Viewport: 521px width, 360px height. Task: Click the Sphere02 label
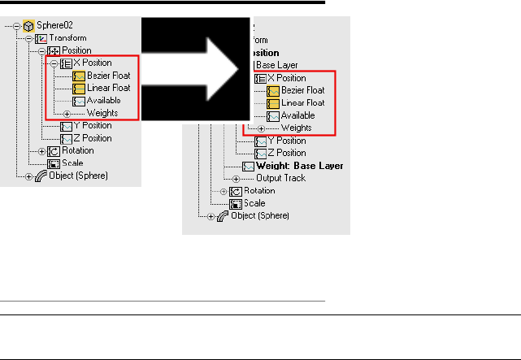(x=54, y=26)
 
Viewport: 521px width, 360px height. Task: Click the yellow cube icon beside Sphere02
(x=28, y=26)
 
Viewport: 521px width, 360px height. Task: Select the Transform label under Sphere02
(x=67, y=38)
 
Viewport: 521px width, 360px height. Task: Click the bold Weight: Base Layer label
(x=299, y=166)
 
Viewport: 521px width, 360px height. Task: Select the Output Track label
(x=280, y=178)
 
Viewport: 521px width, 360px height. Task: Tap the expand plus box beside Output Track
(x=237, y=178)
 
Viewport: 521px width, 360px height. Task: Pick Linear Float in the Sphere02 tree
(x=110, y=88)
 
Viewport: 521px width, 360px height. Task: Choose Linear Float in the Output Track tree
(x=303, y=103)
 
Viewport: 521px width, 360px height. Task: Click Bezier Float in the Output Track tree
(x=303, y=90)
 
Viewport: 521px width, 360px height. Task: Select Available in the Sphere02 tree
(x=104, y=101)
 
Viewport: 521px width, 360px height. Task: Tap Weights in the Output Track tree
(x=296, y=128)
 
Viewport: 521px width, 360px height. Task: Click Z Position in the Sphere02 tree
(x=93, y=138)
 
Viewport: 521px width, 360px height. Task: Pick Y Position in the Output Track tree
(x=286, y=141)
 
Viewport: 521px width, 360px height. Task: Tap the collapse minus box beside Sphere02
(x=17, y=26)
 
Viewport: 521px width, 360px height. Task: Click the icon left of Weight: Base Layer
(x=248, y=166)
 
